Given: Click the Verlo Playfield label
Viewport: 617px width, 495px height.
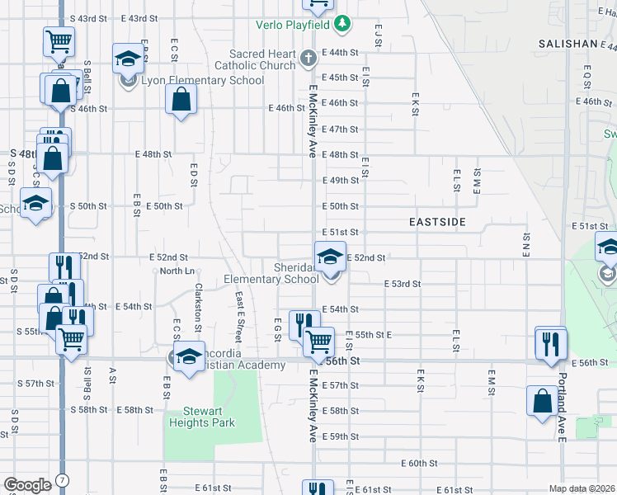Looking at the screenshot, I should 292,23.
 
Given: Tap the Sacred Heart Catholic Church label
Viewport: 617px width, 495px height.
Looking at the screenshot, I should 255,59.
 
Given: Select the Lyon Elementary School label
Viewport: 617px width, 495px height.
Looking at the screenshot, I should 203,81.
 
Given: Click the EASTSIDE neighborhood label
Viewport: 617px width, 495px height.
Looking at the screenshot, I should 438,223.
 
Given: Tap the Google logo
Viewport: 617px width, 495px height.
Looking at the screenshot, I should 27,485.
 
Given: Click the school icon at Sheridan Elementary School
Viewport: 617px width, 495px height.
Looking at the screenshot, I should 330,257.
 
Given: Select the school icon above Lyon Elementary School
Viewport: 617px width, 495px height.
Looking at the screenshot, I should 128,59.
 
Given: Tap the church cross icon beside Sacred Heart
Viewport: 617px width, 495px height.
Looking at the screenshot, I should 308,59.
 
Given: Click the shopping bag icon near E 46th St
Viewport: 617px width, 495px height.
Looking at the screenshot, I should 181,101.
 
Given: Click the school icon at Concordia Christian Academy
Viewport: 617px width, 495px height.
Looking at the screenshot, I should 189,356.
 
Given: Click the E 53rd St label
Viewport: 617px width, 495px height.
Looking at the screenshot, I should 403,284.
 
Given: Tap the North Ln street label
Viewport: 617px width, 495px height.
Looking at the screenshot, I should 177,271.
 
